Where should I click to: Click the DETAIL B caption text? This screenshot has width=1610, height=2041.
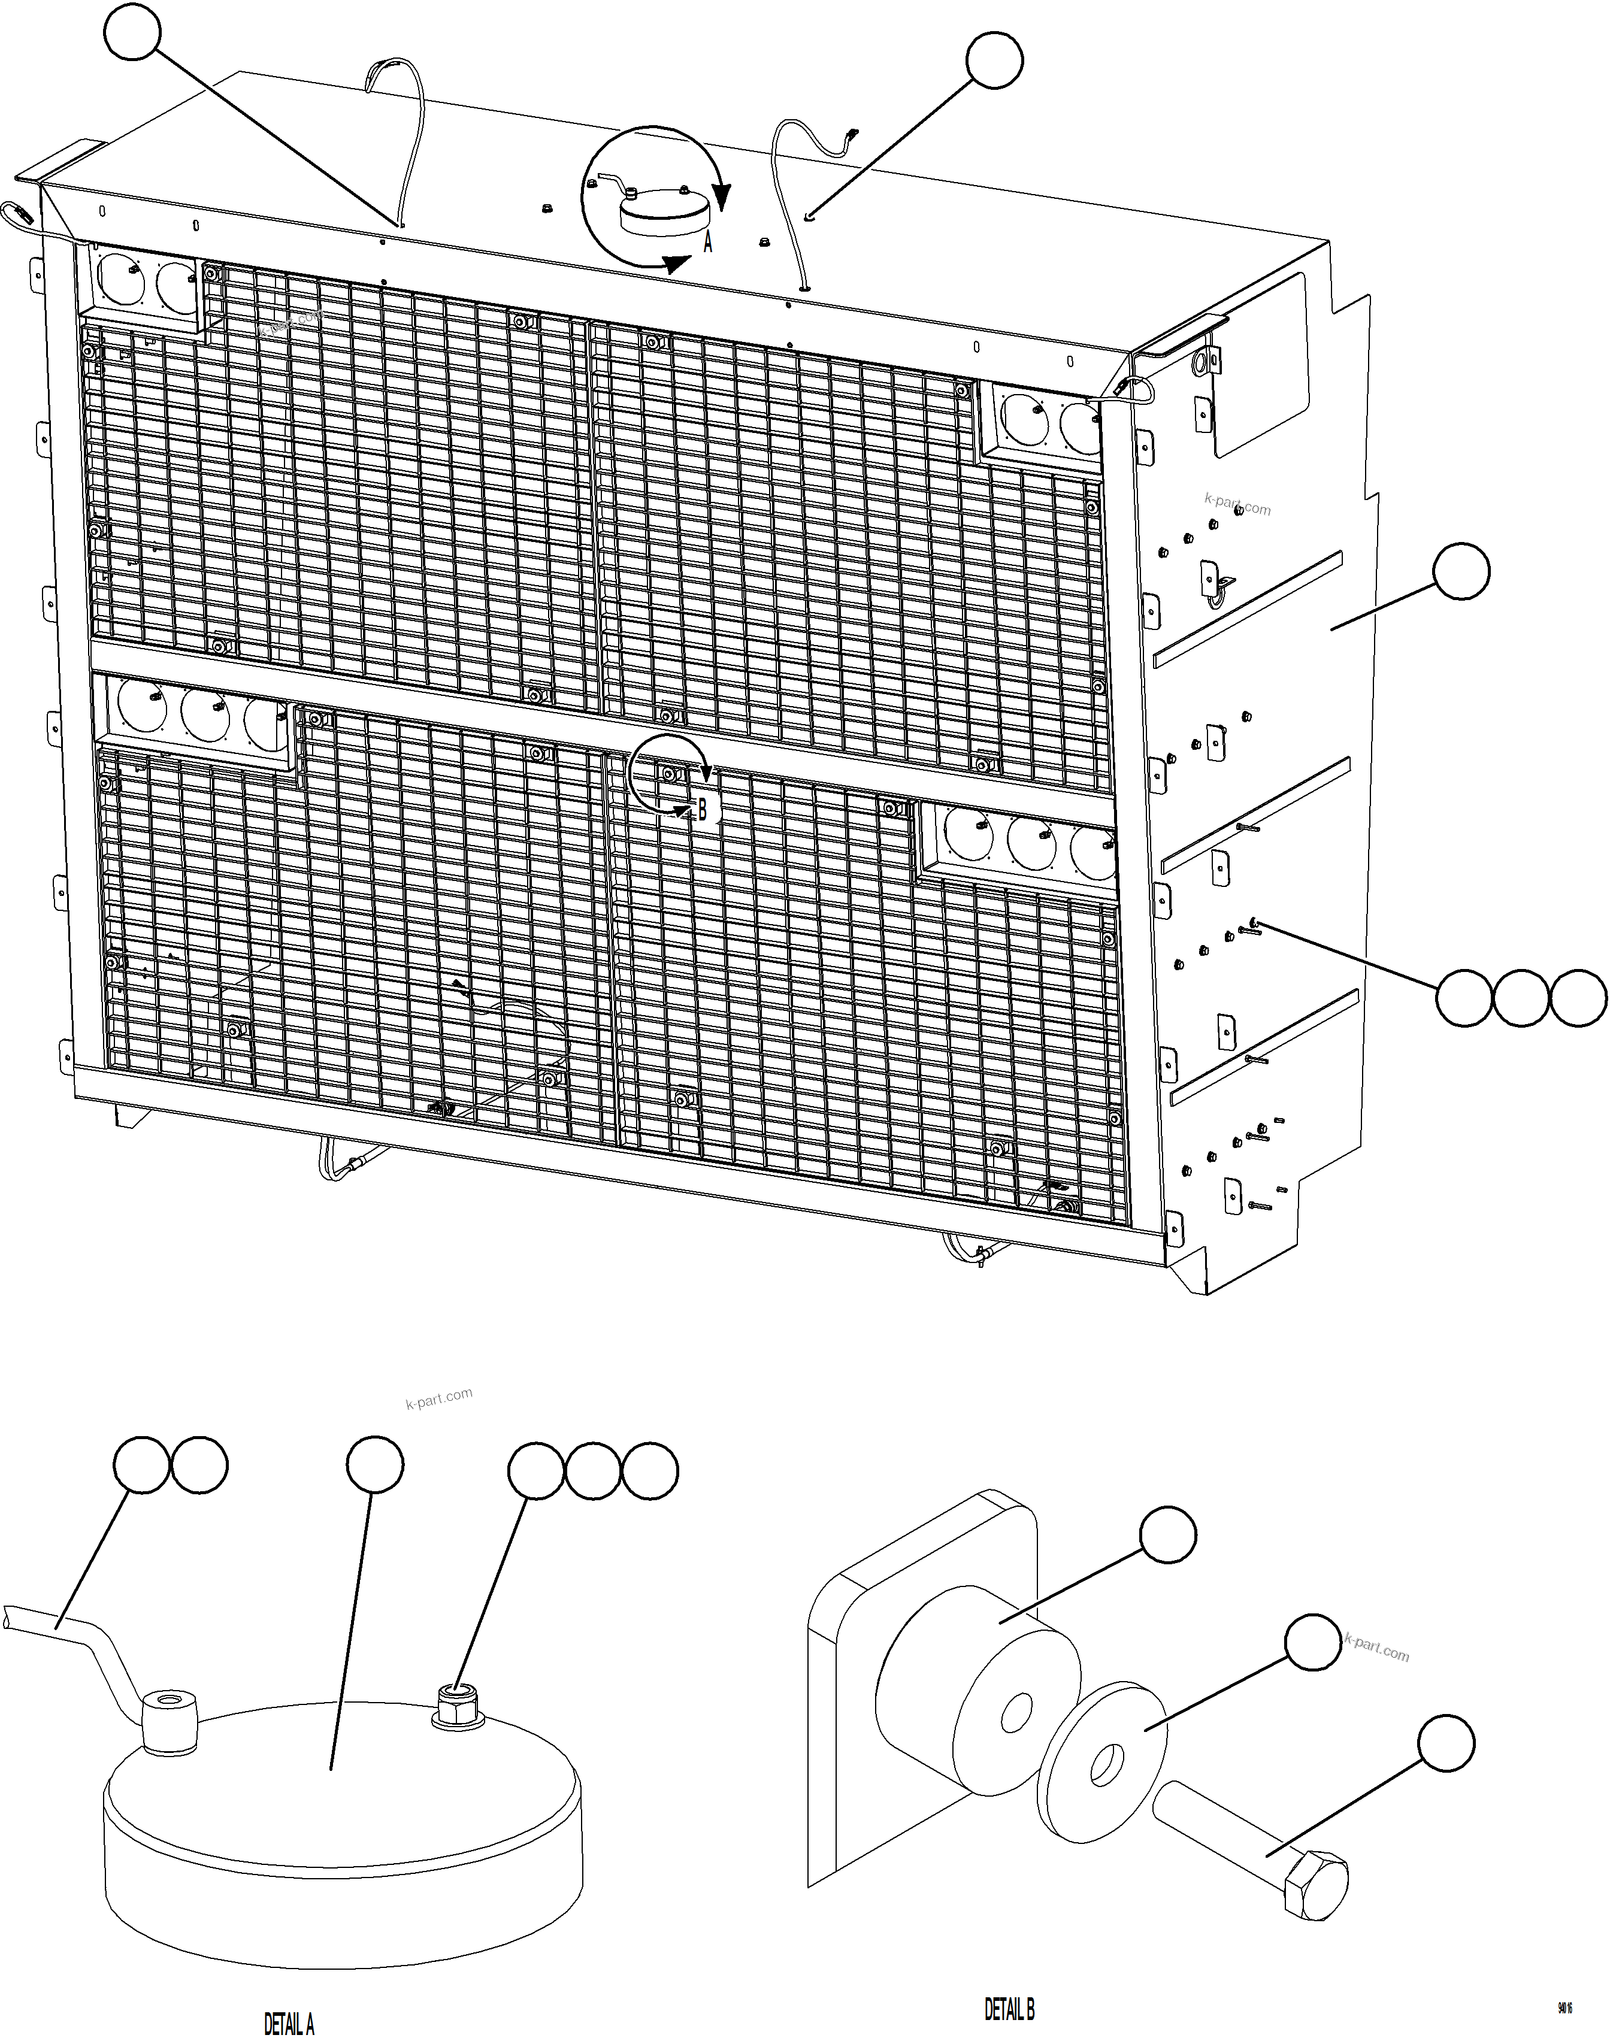coord(1010,2009)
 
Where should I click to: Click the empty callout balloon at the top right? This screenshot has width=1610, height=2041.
coord(994,60)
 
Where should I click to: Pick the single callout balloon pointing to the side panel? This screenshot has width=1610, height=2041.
coord(1461,571)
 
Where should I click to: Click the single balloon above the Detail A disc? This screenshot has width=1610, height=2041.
coord(375,1465)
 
